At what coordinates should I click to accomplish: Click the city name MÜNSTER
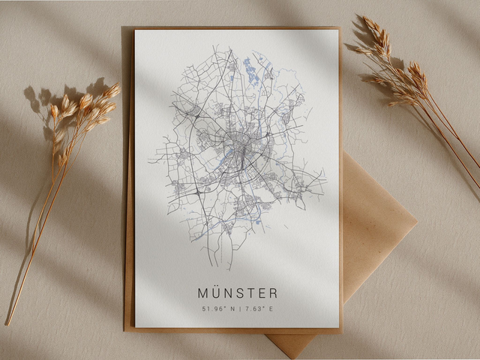(x=238, y=292)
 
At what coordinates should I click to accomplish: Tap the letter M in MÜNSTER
(x=203, y=293)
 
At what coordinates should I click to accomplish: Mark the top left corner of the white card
(x=136, y=31)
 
